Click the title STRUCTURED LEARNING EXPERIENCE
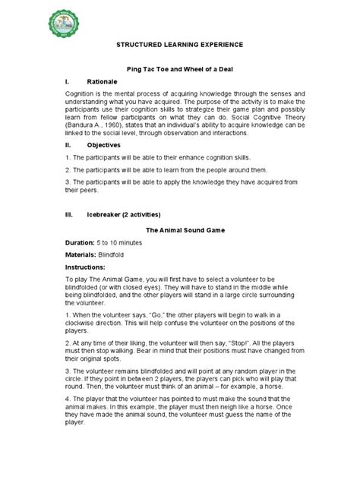[179, 45]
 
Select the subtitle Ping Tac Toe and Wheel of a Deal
[179, 69]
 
